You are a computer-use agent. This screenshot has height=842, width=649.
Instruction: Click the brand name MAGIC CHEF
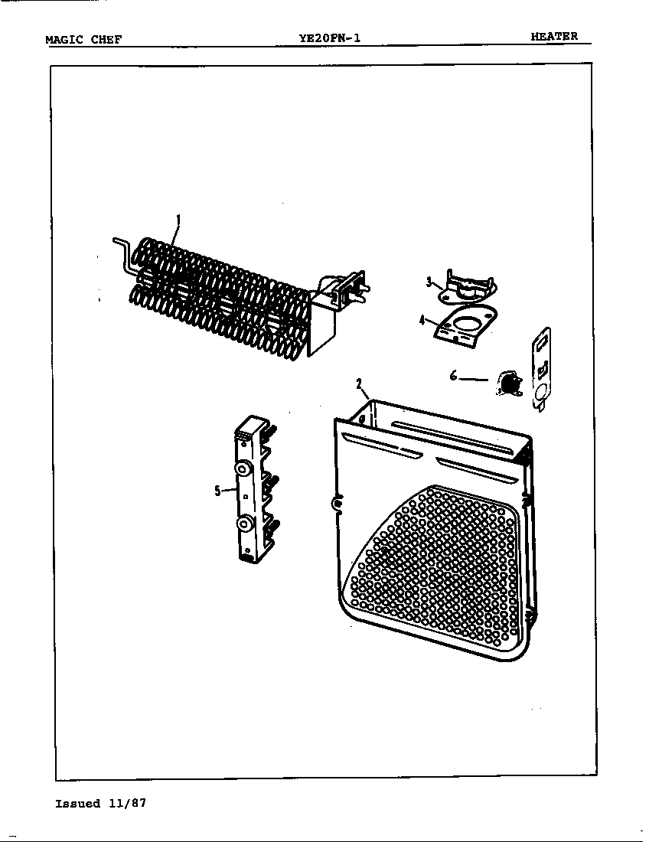point(83,39)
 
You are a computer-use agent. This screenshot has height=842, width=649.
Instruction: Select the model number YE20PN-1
point(330,38)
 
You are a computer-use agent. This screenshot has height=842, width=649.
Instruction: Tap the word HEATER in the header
point(554,36)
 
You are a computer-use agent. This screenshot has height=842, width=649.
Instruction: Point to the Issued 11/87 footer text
point(100,803)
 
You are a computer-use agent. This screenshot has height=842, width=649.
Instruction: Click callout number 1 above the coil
point(178,220)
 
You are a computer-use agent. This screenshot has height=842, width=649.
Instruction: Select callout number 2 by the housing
point(359,383)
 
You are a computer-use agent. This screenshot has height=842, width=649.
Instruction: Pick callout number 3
point(429,282)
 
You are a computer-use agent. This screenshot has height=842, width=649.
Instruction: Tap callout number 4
point(422,321)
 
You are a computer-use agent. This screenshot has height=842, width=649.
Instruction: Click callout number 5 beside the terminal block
point(217,490)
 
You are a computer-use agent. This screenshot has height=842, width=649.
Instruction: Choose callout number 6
point(454,377)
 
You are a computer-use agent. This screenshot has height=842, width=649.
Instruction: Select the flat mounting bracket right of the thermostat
point(540,370)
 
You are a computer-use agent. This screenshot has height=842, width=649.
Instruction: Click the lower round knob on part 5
point(245,524)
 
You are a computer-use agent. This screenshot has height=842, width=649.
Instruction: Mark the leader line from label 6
point(474,379)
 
